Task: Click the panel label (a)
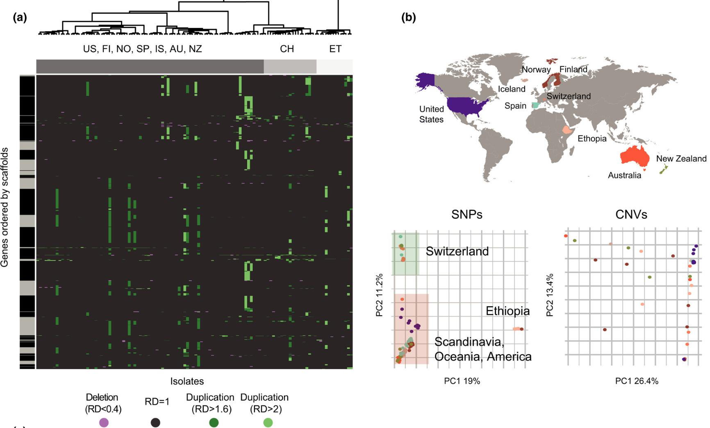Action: click(20, 18)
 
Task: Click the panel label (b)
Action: click(408, 18)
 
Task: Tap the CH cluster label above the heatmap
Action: click(287, 49)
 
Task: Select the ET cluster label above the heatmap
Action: click(335, 49)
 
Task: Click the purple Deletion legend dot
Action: click(104, 422)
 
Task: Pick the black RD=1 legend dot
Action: click(155, 422)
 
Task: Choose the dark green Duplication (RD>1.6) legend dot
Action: click(214, 422)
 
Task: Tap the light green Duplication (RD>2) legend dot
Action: click(268, 422)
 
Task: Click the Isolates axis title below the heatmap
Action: click(187, 381)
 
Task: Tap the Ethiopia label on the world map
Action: click(592, 139)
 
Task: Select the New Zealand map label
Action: click(681, 159)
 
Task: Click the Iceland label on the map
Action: click(511, 89)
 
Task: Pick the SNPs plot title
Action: click(467, 214)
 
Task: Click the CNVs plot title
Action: click(631, 214)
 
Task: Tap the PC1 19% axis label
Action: click(462, 381)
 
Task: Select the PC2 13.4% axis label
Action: click(550, 295)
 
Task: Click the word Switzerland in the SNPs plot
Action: click(457, 251)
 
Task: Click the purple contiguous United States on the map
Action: click(467, 106)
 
